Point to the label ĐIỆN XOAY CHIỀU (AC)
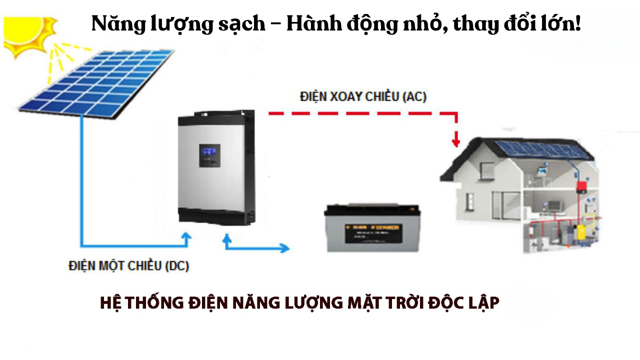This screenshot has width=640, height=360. [363, 96]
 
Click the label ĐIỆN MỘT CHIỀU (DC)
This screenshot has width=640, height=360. [129, 265]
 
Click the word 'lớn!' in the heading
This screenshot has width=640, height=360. [561, 24]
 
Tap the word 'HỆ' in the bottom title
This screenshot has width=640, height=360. [108, 303]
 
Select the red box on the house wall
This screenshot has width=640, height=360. [581, 187]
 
